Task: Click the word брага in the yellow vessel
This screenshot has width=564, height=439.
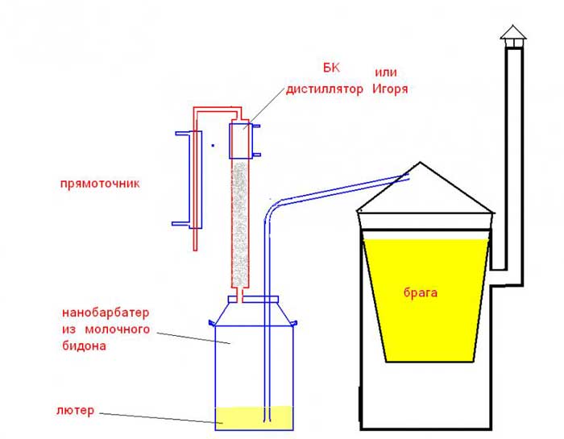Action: (421, 293)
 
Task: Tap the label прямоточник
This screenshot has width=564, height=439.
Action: (101, 183)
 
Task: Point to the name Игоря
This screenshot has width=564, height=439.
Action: (391, 89)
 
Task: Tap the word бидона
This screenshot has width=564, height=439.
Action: (84, 346)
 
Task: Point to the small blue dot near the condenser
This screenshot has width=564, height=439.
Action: (212, 146)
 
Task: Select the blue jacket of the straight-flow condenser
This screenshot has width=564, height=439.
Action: (184, 177)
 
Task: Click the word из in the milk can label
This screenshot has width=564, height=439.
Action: (69, 329)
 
